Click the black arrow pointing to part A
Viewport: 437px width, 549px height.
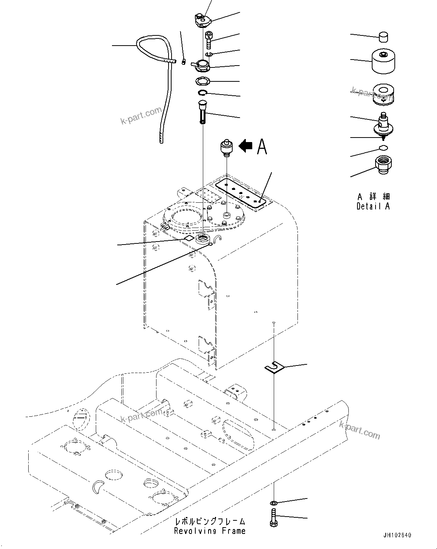click(x=246, y=145)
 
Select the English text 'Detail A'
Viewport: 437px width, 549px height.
click(x=373, y=206)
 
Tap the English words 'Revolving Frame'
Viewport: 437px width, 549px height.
click(x=210, y=531)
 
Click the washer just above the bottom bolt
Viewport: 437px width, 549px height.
click(x=273, y=503)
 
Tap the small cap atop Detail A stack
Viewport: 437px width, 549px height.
click(x=383, y=37)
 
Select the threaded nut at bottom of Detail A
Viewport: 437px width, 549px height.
click(x=383, y=164)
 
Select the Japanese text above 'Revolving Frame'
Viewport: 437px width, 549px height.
click(x=210, y=522)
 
